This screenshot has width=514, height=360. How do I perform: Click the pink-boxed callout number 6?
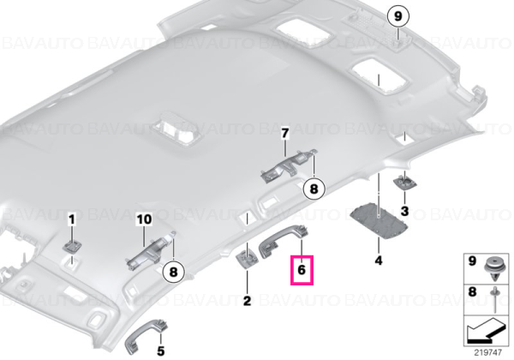click(302, 270)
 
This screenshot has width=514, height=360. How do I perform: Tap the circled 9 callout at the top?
click(397, 16)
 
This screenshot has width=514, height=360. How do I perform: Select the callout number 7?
click(285, 134)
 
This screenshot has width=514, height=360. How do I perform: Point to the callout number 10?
click(144, 219)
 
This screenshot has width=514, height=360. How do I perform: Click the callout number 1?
click(71, 219)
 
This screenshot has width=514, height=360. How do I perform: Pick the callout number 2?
click(247, 301)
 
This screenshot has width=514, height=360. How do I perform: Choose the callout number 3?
click(405, 211)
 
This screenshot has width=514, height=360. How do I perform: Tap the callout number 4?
click(379, 261)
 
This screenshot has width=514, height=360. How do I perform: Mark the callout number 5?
click(161, 351)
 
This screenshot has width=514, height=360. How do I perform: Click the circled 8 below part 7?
click(314, 189)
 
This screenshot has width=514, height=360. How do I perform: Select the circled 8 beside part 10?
click(173, 272)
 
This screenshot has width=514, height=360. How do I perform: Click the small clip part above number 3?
click(405, 182)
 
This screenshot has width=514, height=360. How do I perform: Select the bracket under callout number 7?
click(289, 165)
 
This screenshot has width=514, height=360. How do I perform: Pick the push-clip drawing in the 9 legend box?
click(494, 269)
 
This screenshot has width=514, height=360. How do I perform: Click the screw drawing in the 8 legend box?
click(493, 298)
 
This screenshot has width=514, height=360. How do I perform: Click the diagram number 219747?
click(487, 353)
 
